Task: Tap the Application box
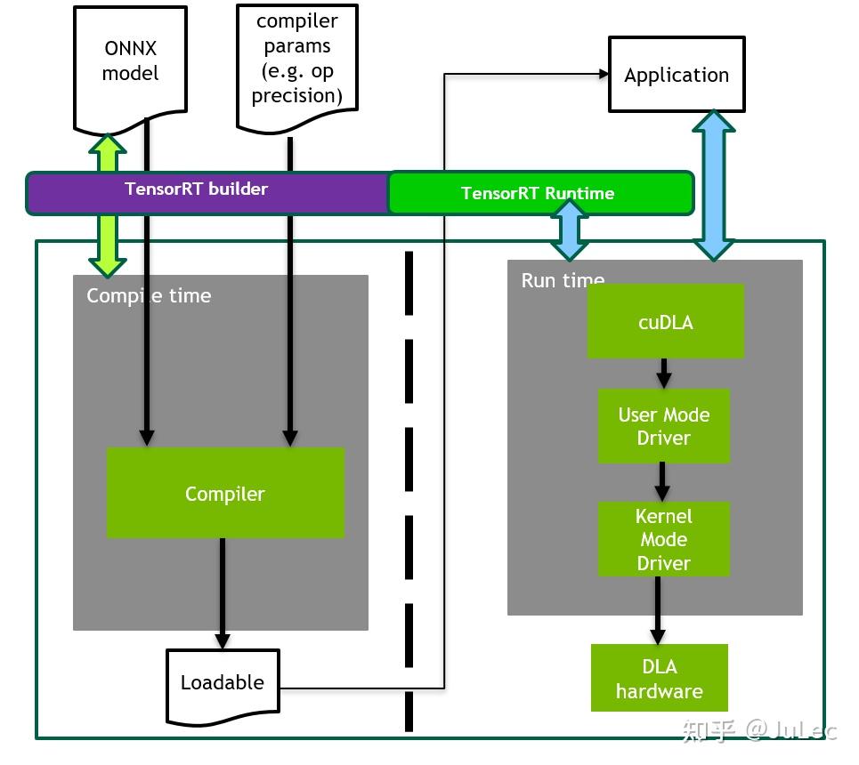(x=676, y=75)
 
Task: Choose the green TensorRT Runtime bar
(x=472, y=193)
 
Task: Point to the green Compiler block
(x=225, y=494)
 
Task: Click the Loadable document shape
(x=223, y=683)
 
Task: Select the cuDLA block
(x=665, y=321)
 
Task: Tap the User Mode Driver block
(x=663, y=426)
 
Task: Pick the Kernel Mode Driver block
(x=663, y=539)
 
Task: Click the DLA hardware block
(x=659, y=678)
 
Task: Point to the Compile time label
(x=149, y=295)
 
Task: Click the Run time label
(x=562, y=280)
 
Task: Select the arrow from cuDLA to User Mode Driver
(x=663, y=373)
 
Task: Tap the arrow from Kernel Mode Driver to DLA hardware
(x=658, y=610)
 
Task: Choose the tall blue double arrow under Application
(x=714, y=185)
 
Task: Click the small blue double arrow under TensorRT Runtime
(x=570, y=229)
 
